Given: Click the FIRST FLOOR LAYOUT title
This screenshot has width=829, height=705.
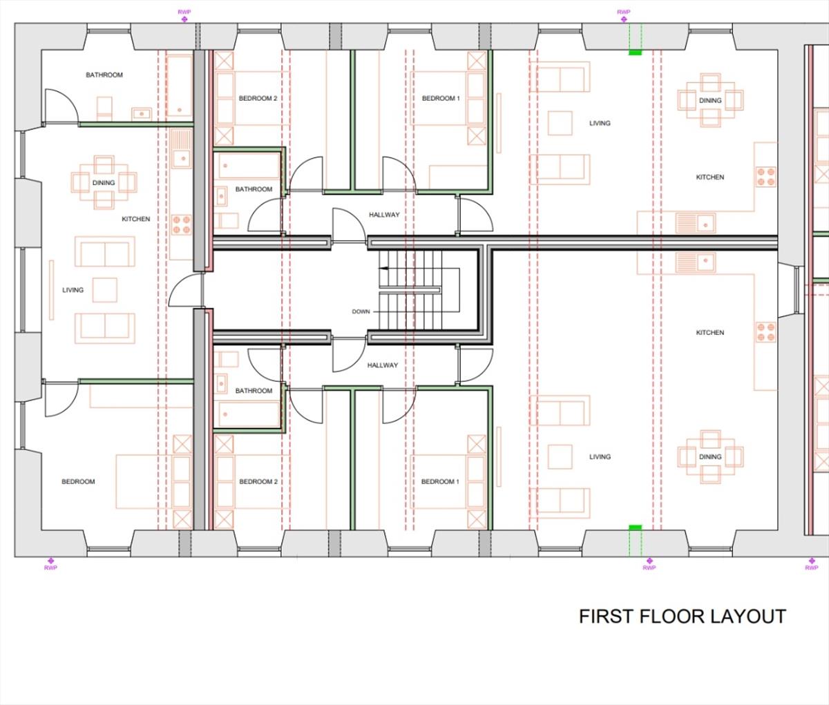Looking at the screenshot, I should tap(682, 616).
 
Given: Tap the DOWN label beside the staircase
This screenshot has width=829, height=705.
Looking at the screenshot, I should tap(361, 311).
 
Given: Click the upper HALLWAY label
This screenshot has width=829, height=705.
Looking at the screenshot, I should tap(383, 215).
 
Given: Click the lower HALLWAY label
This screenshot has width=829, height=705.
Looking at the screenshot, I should tap(382, 365).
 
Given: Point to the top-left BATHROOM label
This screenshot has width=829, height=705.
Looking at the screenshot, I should tap(104, 75).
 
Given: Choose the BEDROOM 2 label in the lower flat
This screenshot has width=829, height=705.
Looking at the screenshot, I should tap(258, 481).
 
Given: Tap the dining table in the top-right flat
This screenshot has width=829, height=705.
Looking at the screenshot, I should tap(710, 100).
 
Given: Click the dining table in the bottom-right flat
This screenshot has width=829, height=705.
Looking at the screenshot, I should tap(710, 456).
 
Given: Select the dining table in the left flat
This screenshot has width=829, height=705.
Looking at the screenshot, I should tap(104, 182).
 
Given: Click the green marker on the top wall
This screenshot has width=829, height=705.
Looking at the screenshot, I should tap(635, 52).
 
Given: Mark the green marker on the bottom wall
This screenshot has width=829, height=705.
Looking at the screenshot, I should tap(635, 528).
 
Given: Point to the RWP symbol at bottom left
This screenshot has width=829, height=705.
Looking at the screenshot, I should tap(50, 561).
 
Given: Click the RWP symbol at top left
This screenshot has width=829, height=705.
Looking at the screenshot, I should tap(184, 19).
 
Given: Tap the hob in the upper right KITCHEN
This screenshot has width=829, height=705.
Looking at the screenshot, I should tap(765, 177).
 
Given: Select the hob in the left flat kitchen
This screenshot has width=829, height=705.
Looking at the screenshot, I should tap(181, 224).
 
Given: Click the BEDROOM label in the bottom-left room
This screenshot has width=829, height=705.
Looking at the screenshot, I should tap(78, 481).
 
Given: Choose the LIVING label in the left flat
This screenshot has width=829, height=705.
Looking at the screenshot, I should tap(73, 290).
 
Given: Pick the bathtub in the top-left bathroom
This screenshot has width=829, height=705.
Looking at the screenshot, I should tap(180, 86).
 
